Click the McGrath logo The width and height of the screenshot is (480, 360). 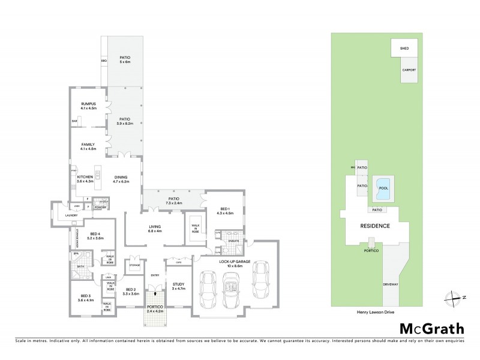pos(431,328)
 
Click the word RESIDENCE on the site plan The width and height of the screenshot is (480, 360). pos(375,226)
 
